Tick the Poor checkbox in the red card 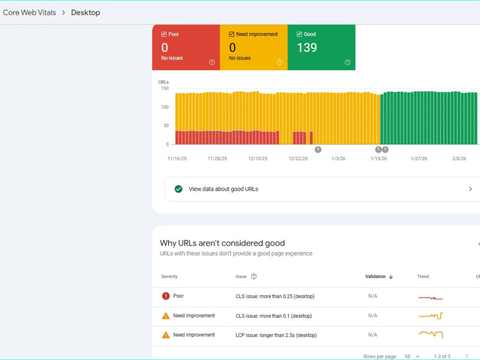164,34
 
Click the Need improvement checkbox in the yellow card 232,34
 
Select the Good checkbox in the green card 300,34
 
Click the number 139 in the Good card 307,48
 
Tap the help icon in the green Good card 348,62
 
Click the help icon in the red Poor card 212,62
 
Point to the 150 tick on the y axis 165,88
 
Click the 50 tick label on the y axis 166,125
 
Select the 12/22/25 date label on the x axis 298,158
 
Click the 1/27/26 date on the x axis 419,158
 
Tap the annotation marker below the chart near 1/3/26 318,149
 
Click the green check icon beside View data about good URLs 179,189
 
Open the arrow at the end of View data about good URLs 470,189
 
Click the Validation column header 375,276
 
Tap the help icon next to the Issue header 253,276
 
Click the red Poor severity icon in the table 166,296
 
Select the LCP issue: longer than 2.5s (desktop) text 276,335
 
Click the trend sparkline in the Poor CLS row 431,298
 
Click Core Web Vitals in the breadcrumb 29,12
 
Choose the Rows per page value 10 407,357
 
